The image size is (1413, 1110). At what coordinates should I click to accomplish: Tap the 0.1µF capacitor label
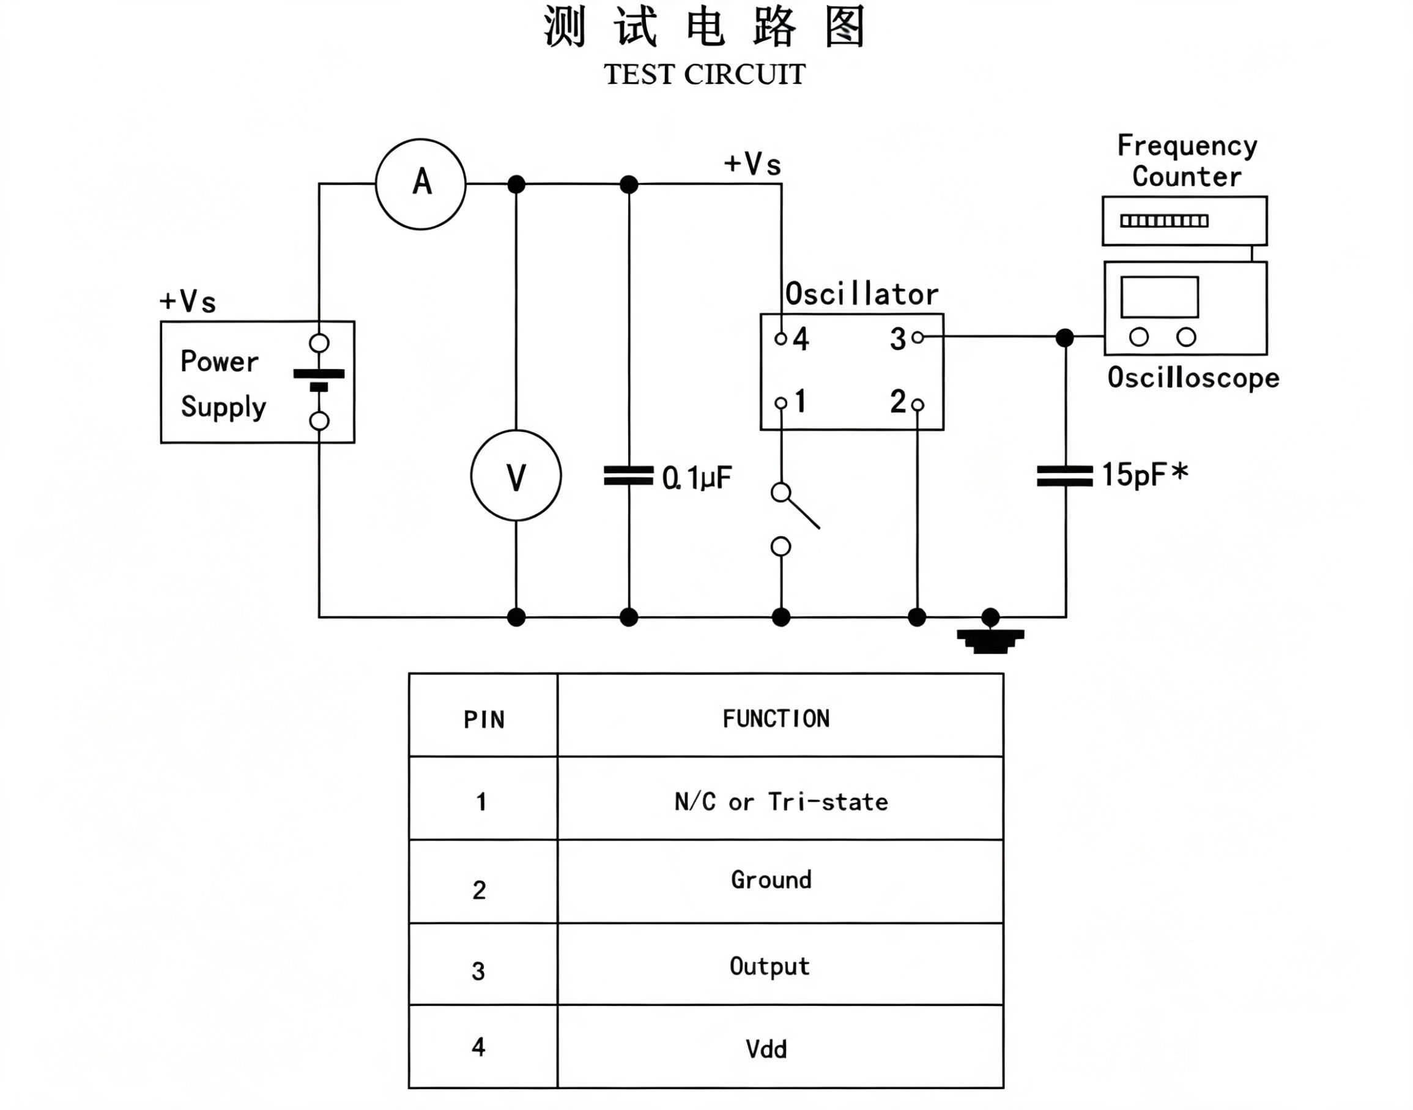click(x=697, y=478)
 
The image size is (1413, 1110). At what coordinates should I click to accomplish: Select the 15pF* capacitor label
click(x=1144, y=474)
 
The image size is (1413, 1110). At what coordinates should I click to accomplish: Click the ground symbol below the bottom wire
click(x=990, y=641)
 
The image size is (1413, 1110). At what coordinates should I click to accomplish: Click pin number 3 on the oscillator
click(x=898, y=338)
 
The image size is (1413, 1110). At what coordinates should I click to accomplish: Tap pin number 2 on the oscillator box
click(x=898, y=401)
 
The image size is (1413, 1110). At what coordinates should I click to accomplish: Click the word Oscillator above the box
click(x=861, y=294)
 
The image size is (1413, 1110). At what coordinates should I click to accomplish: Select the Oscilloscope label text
click(x=1193, y=378)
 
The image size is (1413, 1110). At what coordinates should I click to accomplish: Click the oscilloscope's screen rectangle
click(x=1159, y=297)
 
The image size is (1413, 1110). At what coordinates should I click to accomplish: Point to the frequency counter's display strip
click(x=1164, y=221)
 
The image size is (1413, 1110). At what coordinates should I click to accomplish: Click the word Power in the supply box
click(x=220, y=362)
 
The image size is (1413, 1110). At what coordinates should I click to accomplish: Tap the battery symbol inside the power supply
click(x=319, y=380)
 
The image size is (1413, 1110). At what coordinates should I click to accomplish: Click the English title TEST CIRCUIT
click(x=705, y=74)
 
